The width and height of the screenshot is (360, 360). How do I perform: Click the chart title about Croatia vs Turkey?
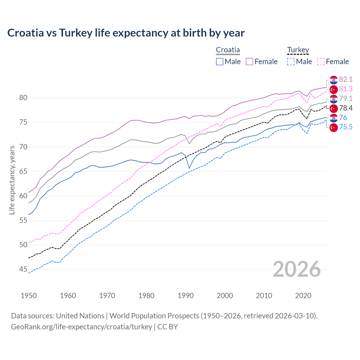[126, 33]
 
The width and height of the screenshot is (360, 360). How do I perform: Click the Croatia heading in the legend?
[228, 50]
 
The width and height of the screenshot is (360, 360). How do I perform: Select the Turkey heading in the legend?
[298, 50]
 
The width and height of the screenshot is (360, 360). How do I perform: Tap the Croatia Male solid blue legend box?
[220, 62]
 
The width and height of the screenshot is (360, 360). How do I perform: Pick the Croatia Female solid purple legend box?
[249, 62]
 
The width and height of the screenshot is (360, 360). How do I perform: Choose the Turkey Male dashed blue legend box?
[291, 62]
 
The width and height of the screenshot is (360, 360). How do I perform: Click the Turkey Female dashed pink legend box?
[321, 62]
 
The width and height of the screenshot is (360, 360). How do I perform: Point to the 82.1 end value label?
[346, 80]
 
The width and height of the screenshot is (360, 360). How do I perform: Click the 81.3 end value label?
[346, 89]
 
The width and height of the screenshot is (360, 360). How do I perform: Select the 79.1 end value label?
[346, 99]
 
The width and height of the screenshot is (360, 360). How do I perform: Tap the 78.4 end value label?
[346, 108]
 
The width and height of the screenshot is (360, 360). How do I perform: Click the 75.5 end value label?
[346, 127]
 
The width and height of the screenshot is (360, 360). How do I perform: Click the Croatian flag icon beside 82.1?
[334, 80]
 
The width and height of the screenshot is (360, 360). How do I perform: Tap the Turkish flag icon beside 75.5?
[334, 127]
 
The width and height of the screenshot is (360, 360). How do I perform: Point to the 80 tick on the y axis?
[23, 98]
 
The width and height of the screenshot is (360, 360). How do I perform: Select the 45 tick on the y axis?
[23, 269]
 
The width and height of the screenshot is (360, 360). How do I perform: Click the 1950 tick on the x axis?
[29, 296]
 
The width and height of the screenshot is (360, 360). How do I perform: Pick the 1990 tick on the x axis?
[186, 296]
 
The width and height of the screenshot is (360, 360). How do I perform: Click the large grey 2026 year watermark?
[296, 269]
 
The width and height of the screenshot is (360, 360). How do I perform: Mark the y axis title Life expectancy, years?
[12, 180]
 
